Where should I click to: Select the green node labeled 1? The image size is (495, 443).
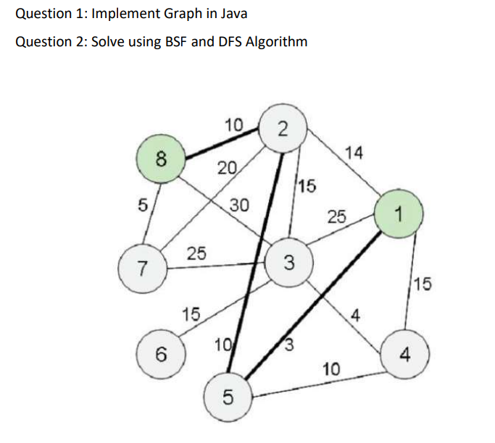click(396, 214)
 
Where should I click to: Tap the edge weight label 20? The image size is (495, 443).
click(227, 169)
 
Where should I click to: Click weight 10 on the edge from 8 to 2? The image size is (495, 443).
click(233, 125)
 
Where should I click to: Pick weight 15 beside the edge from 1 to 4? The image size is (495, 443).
click(424, 284)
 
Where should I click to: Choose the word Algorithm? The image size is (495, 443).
click(277, 41)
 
